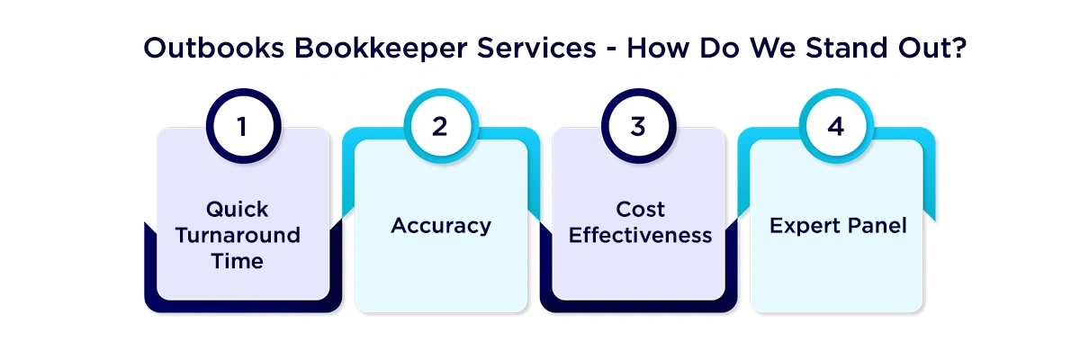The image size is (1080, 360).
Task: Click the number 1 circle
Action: (242, 127)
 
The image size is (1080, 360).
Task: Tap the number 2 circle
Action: (439, 127)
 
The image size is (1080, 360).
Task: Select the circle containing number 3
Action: (638, 127)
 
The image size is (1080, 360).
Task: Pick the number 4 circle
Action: (836, 127)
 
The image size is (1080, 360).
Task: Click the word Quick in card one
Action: (238, 210)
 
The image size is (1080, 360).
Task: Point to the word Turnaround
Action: (238, 236)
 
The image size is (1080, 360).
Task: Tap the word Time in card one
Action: (238, 262)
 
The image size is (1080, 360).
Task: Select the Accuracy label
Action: (441, 226)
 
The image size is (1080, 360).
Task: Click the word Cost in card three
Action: (640, 210)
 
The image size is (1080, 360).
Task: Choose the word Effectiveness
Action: (640, 236)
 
